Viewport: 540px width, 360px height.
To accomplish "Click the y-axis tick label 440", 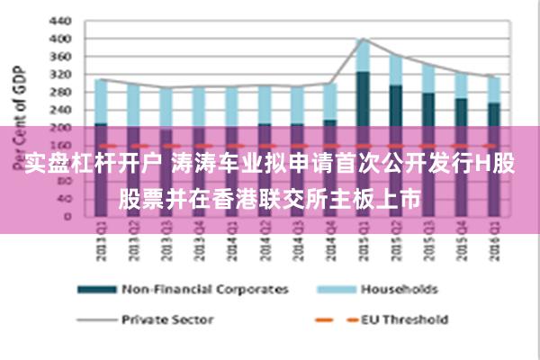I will (x=58, y=20).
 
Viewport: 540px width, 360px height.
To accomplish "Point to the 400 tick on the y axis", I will (x=58, y=39).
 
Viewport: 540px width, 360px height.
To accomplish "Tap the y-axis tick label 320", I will (x=58, y=75).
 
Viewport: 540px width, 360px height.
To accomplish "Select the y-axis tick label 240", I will (x=58, y=110).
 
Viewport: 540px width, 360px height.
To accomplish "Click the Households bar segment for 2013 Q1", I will (x=101, y=101).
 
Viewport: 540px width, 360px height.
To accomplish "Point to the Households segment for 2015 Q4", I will (x=461, y=85).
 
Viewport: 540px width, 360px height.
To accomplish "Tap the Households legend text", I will (x=399, y=290).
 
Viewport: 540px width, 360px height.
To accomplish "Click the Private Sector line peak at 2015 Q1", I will (x=362, y=39).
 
